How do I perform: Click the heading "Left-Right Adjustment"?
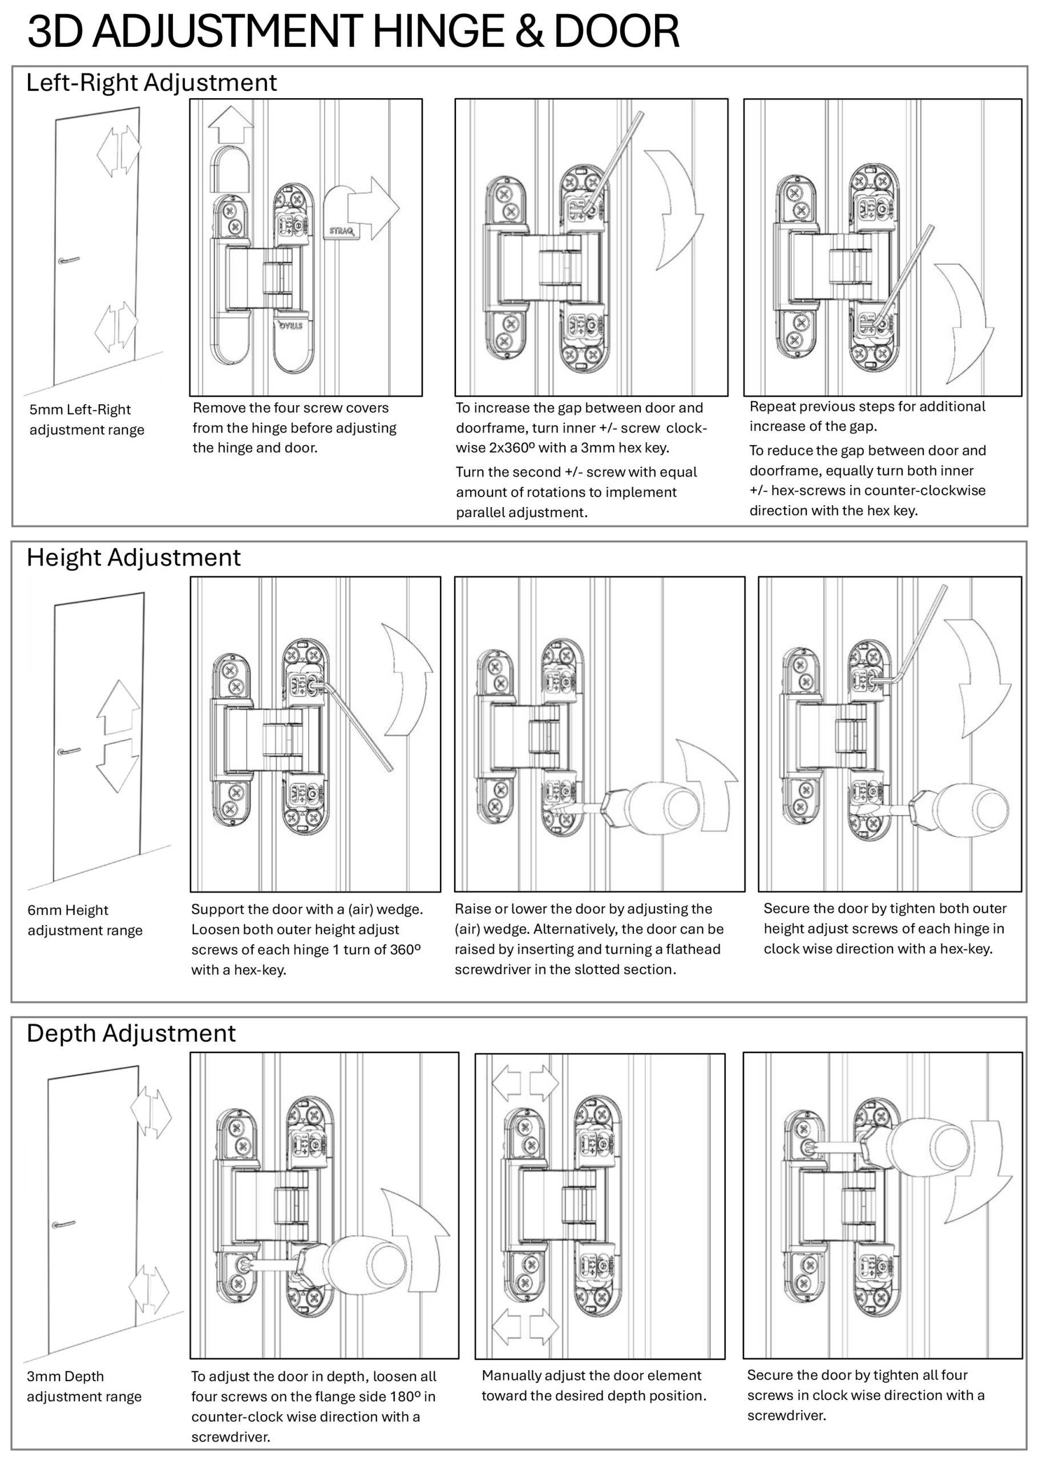point(151,83)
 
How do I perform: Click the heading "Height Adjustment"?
point(133,558)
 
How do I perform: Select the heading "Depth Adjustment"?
point(131,1034)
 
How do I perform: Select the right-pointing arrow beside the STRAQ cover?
point(373,209)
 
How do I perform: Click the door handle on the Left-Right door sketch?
point(68,260)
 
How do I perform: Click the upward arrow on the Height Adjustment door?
point(118,707)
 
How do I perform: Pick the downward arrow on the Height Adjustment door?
point(117,766)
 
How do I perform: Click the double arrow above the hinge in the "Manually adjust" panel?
point(524,1082)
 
